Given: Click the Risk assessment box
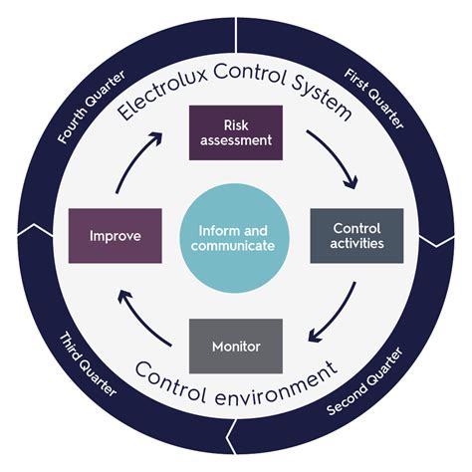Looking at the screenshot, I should (x=236, y=132).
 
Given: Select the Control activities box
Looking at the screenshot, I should (x=356, y=235).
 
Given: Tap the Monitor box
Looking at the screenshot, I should (x=236, y=346).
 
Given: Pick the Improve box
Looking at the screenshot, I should (x=116, y=236).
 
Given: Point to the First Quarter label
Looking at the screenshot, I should (x=373, y=97).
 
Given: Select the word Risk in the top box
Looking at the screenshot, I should (x=236, y=123).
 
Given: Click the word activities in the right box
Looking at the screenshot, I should (x=356, y=244).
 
